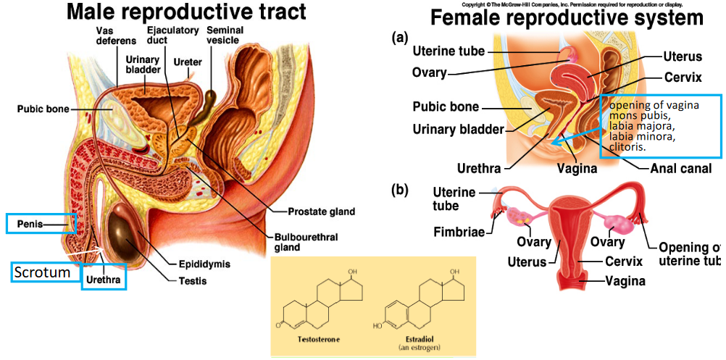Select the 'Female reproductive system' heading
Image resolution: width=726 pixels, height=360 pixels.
point(567,17)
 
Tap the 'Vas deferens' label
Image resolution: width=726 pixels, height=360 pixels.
point(111,36)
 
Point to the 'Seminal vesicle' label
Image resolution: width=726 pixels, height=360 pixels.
point(225,36)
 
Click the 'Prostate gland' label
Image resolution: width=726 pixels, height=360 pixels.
point(321,212)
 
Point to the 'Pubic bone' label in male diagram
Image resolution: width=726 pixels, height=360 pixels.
point(43,109)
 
